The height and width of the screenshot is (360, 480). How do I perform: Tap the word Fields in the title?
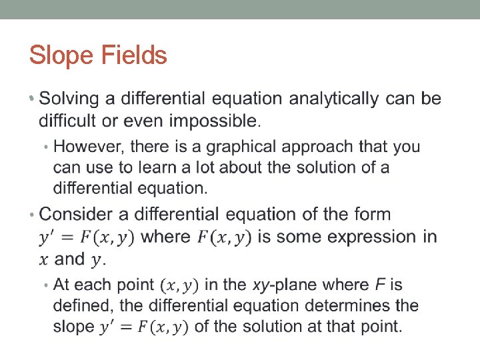pos(135,55)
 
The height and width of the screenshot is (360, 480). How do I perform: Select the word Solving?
pos(76,99)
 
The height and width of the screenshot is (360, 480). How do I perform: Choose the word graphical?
pos(221,146)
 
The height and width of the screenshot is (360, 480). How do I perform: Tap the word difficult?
pos(69,121)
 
